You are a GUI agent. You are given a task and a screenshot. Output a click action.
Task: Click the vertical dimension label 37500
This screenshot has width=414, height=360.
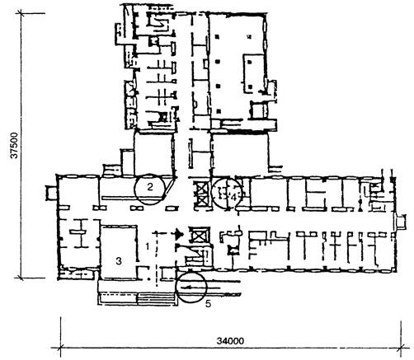[13, 146]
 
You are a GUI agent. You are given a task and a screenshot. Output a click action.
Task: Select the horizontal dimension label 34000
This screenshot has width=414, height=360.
[230, 341]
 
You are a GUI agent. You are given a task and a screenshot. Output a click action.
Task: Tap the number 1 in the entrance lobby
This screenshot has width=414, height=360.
[148, 246]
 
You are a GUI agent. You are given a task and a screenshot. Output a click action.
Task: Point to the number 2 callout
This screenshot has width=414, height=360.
[150, 187]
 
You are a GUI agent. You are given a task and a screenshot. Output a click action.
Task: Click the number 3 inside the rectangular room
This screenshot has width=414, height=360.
[119, 261]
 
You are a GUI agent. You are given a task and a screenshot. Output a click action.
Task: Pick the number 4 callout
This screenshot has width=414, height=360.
[233, 197]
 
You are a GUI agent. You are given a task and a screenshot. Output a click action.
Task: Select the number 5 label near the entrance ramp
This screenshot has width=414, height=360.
[208, 304]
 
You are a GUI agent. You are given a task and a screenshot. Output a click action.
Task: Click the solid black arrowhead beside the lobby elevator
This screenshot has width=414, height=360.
[180, 234]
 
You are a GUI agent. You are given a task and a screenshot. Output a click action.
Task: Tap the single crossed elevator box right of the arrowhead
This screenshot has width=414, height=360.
[200, 235]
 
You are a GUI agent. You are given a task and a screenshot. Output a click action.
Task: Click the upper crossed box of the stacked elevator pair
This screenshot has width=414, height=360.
[201, 188]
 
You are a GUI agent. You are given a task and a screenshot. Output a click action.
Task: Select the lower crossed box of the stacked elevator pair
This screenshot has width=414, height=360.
[201, 202]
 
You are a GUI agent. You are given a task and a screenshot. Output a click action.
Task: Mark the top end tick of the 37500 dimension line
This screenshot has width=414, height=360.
[20, 13]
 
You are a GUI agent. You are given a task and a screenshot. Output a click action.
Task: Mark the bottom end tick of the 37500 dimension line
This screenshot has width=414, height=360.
[20, 278]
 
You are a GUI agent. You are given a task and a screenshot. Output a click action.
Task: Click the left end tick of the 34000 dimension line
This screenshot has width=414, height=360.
[60, 348]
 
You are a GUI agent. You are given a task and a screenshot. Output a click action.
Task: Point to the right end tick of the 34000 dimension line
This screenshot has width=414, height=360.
[401, 348]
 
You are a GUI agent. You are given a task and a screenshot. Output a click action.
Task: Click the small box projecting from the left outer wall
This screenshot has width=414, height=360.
[51, 193]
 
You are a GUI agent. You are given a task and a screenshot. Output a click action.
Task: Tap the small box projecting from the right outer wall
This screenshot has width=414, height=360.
[401, 222]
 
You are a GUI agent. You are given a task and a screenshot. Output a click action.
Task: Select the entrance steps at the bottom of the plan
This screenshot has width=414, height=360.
[155, 298]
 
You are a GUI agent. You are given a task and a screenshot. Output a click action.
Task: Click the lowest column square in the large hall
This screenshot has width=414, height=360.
[219, 111]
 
